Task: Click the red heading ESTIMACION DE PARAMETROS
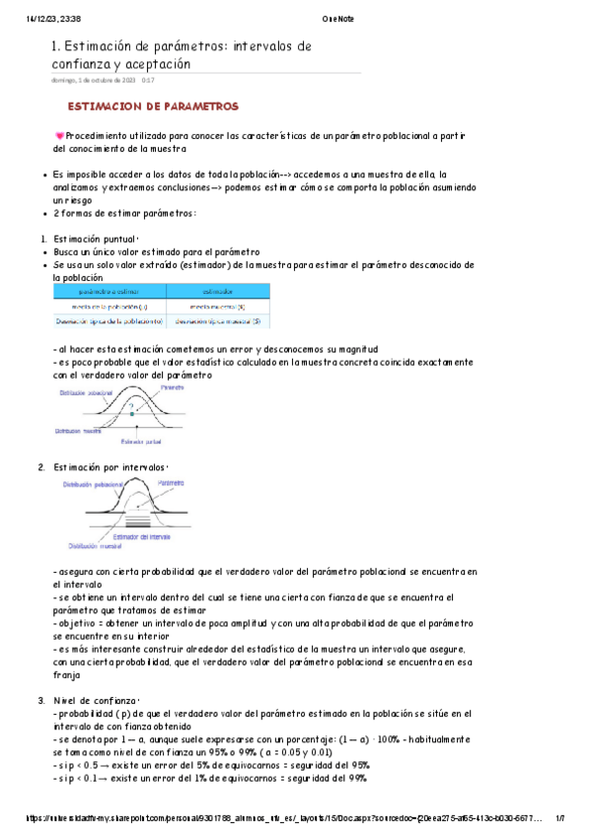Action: coord(152,105)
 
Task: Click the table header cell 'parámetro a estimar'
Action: coord(110,291)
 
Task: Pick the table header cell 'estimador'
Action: coord(218,291)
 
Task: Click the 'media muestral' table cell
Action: coord(218,307)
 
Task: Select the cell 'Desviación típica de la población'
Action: coord(110,321)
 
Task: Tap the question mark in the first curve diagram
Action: coord(129,405)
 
